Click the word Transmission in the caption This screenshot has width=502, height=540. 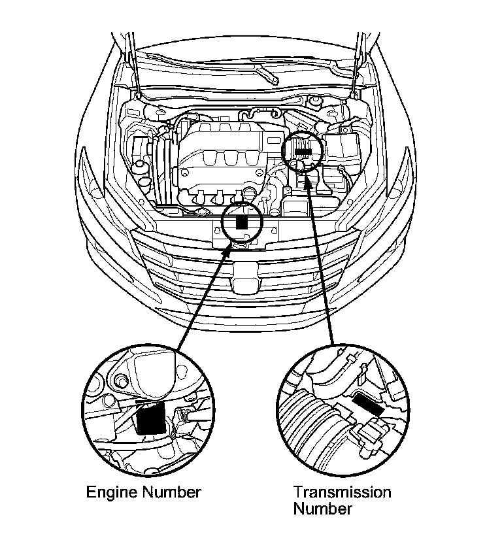coord(342,492)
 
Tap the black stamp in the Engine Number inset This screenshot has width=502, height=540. coord(150,418)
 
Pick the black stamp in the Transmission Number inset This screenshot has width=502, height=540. coord(367,405)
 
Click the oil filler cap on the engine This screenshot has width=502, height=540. coord(250,194)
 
